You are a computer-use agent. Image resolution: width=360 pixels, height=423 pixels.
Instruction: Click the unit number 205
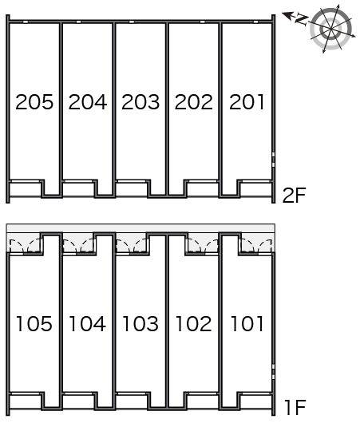coord(34,102)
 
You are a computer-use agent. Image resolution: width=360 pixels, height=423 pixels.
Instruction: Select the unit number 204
coord(88,102)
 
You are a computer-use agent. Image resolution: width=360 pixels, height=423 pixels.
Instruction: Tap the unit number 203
coord(140,102)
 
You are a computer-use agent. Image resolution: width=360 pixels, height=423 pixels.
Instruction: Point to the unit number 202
coord(194,102)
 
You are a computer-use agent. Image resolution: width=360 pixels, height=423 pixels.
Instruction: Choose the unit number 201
coord(247,102)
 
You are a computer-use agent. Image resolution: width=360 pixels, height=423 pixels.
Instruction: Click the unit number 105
coord(34,323)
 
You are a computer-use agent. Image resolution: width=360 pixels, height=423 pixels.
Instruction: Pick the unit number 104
coord(88,323)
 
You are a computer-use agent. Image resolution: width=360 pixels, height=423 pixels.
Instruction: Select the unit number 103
coord(140,323)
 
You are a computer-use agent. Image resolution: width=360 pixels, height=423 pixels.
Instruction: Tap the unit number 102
coord(194,323)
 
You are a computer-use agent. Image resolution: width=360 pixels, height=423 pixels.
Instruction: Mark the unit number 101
coord(247,323)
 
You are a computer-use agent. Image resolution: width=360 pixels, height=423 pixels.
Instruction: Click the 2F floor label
coord(294,195)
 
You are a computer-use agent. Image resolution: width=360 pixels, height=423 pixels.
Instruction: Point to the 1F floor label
coord(295,407)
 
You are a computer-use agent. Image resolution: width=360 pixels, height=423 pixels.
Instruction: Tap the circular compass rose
coord(330,28)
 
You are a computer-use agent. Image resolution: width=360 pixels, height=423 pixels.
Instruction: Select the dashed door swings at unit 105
coord(25,246)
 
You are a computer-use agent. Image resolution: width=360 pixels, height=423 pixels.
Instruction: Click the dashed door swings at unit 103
coord(131,246)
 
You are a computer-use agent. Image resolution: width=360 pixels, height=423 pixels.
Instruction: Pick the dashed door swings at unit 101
coord(257,246)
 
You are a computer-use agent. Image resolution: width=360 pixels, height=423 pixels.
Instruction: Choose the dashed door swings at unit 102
coord(203,246)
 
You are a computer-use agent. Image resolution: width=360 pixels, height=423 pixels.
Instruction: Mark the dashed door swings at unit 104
coord(78,246)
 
